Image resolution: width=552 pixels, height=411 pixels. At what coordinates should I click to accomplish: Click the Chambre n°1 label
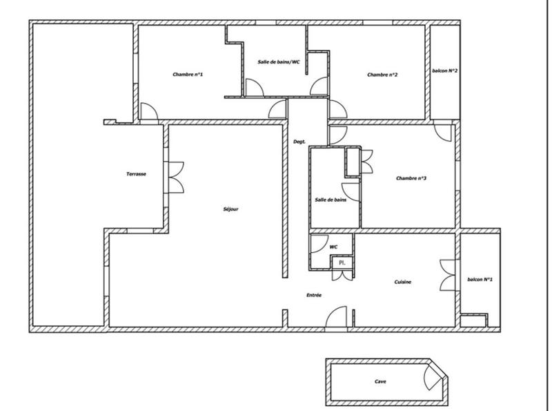(188, 75)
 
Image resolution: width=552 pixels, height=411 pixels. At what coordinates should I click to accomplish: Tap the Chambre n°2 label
(382, 75)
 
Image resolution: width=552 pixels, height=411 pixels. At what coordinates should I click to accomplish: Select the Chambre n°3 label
(411, 178)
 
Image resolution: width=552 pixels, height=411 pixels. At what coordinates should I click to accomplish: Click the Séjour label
(232, 209)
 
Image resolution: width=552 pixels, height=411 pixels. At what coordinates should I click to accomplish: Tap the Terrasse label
(136, 174)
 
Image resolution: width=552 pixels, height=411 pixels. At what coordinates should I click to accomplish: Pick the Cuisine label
(404, 281)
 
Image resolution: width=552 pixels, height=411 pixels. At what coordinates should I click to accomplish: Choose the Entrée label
(314, 295)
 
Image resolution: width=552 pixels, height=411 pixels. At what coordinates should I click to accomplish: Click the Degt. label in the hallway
(299, 142)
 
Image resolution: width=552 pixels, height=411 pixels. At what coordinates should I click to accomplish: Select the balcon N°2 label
(446, 70)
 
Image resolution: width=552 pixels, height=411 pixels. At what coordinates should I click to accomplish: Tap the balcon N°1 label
(480, 279)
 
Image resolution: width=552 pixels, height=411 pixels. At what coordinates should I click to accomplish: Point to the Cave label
(380, 381)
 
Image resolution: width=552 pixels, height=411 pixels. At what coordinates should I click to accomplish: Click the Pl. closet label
(341, 262)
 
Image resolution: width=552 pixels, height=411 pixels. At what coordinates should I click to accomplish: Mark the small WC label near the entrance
(333, 246)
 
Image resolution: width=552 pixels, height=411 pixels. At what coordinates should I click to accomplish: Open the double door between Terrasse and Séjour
(175, 178)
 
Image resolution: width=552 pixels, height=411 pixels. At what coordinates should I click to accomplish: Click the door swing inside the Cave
(433, 379)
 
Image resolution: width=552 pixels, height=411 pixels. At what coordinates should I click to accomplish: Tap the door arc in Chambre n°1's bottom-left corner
(148, 112)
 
